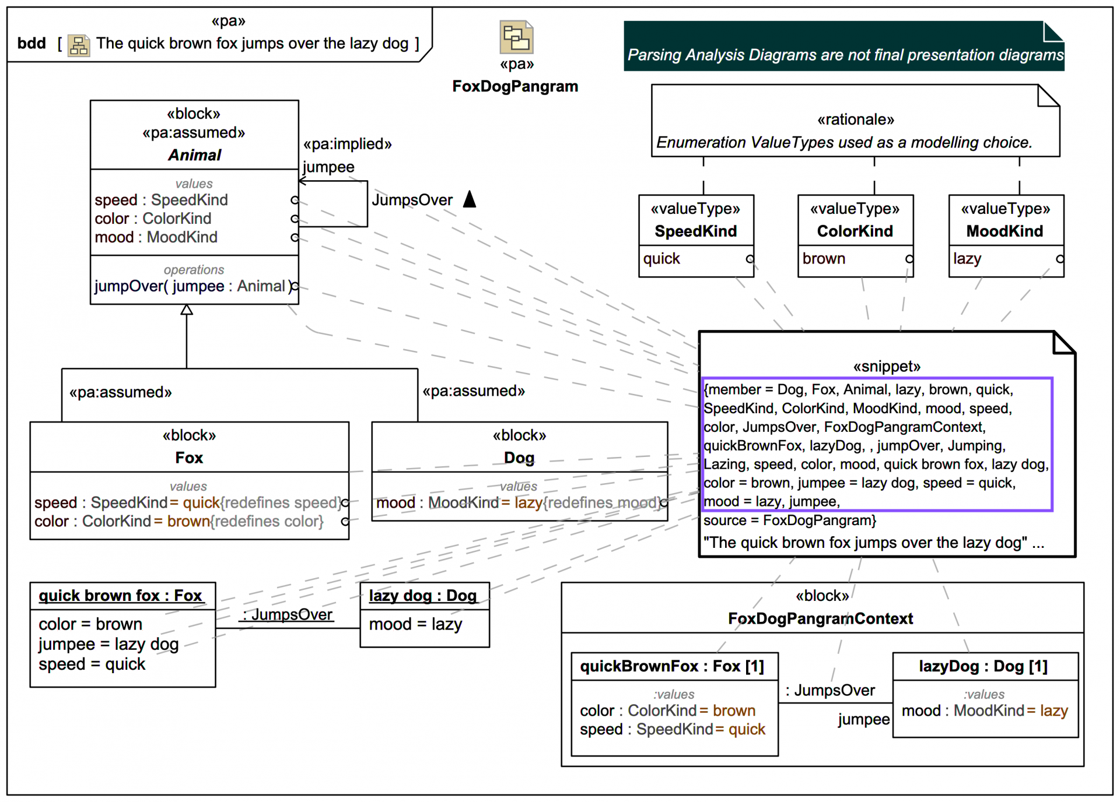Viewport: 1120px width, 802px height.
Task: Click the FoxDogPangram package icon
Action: pyautogui.click(x=516, y=37)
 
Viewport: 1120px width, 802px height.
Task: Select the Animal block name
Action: pyautogui.click(x=194, y=155)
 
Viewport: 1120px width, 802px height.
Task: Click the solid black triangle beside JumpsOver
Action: pyautogui.click(x=470, y=199)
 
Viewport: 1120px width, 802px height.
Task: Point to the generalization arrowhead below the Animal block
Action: pyautogui.click(x=187, y=309)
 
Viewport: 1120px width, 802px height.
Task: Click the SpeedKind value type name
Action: pyautogui.click(x=695, y=231)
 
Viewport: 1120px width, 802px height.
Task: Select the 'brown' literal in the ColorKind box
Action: pyautogui.click(x=824, y=259)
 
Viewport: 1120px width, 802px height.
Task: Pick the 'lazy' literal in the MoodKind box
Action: pyautogui.click(x=967, y=259)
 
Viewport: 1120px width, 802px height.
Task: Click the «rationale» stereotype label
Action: pyautogui.click(x=855, y=119)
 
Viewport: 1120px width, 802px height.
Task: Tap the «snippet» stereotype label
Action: pyautogui.click(x=886, y=367)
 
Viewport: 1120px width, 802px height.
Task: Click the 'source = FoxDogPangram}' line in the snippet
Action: pyautogui.click(x=789, y=520)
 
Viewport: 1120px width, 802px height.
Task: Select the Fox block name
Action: pyautogui.click(x=189, y=458)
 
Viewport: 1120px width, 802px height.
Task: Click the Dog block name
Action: pyautogui.click(x=519, y=458)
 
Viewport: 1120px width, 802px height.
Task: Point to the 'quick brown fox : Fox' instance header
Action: pyautogui.click(x=120, y=596)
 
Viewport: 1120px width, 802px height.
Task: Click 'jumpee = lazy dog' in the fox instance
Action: pyautogui.click(x=108, y=644)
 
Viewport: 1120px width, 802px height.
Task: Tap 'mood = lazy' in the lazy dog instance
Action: pyautogui.click(x=415, y=624)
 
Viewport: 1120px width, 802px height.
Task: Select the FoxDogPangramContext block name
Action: pyautogui.click(x=820, y=619)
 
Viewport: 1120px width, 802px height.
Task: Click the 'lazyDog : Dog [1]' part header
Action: pyautogui.click(x=983, y=666)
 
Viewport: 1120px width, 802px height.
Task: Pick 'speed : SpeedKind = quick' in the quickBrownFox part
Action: pyautogui.click(x=672, y=730)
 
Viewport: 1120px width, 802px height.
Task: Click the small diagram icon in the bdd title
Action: pyautogui.click(x=78, y=45)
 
